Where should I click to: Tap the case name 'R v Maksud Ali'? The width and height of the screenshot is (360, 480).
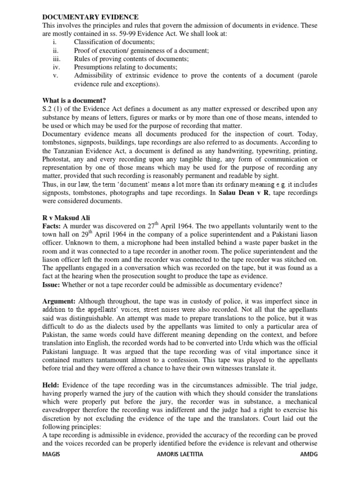tap(67, 218)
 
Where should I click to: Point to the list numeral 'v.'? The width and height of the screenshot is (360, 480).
tap(55, 75)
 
